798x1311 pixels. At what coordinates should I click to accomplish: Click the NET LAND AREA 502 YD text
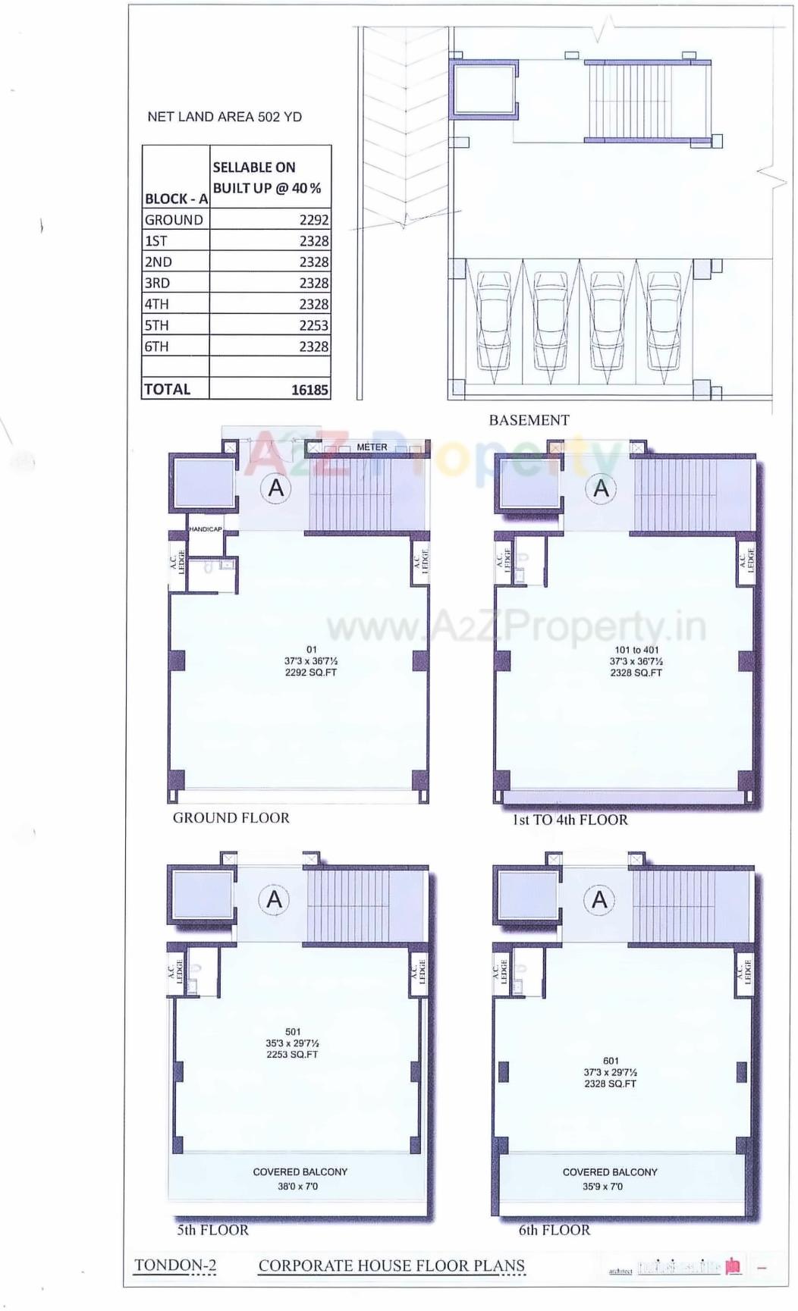225,117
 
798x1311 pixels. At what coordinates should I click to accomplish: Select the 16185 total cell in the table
309,390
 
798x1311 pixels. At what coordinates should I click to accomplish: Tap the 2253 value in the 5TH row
313,325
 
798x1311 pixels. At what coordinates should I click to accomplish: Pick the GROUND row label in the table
174,220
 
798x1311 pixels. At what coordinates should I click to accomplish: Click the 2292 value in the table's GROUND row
313,220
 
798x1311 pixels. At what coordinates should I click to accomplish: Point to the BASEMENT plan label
529,420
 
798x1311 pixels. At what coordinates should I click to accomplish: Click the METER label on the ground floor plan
372,447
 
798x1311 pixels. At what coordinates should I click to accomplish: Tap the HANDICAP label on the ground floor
206,529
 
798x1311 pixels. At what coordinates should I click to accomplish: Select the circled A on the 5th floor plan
274,899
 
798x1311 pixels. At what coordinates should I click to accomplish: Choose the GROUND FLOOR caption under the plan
231,818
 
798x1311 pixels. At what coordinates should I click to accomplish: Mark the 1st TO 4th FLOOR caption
570,820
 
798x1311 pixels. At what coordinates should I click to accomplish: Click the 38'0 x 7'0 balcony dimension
297,1186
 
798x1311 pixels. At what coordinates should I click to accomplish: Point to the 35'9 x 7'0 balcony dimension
602,1186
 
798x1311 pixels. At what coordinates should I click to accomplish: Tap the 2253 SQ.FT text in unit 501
292,1055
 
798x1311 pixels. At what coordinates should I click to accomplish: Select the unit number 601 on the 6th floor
611,1061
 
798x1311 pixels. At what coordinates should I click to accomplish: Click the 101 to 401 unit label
636,650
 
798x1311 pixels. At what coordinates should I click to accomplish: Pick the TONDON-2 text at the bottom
175,1265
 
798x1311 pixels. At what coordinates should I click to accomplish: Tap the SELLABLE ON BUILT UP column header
267,177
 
